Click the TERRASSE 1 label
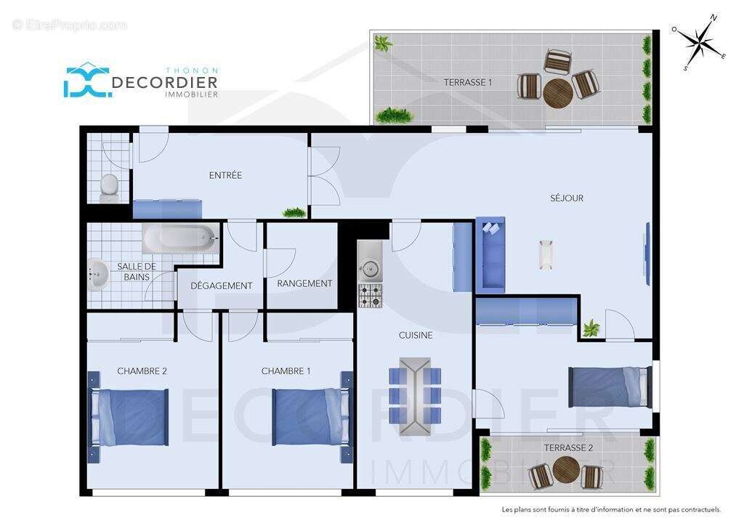pyautogui.click(x=468, y=82)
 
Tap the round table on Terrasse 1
pyautogui.click(x=558, y=92)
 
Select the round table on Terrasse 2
pyautogui.click(x=565, y=470)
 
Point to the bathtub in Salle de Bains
pyautogui.click(x=180, y=238)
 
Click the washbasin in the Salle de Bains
pyautogui.click(x=97, y=274)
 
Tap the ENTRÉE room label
pyautogui.click(x=225, y=175)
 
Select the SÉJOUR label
pyautogui.click(x=567, y=198)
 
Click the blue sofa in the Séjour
pyautogui.click(x=490, y=254)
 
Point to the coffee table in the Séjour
pyautogui.click(x=546, y=254)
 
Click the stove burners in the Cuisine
pyautogui.click(x=370, y=295)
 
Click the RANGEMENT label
pyautogui.click(x=304, y=283)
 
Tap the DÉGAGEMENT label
pyautogui.click(x=222, y=286)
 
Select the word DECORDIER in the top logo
pyautogui.click(x=165, y=83)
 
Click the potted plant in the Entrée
pyautogui.click(x=294, y=212)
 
